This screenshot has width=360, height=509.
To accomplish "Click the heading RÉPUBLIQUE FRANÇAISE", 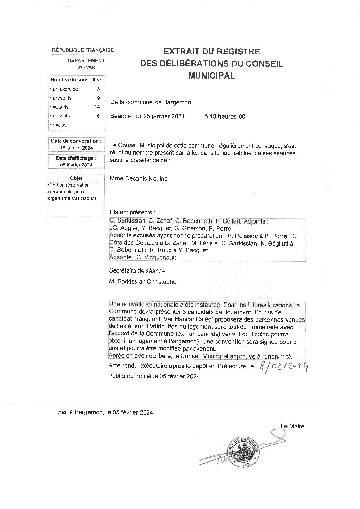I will [83, 50].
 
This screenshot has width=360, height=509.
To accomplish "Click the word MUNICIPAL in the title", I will [211, 76].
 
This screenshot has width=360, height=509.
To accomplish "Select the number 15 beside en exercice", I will [97, 89].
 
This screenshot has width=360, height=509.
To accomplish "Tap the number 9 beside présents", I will [98, 98].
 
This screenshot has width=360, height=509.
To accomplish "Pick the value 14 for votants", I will [97, 107].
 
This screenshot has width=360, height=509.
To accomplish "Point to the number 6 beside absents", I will [98, 116].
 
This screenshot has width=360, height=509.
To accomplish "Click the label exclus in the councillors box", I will [60, 125].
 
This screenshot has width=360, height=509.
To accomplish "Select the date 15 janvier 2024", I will [76, 148].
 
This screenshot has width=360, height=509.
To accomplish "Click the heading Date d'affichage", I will [76, 158].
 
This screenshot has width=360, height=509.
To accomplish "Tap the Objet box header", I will [76, 178].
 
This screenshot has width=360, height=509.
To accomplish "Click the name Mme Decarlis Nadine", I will [138, 178].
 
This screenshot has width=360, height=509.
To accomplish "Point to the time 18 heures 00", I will [225, 116].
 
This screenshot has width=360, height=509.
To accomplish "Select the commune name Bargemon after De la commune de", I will [178, 102].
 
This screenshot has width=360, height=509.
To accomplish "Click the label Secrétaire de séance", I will [138, 271].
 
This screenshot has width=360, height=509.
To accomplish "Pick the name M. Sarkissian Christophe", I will [143, 282].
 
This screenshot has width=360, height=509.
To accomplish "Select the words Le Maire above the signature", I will [292, 426].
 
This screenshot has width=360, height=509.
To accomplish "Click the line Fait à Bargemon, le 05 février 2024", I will [105, 412].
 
